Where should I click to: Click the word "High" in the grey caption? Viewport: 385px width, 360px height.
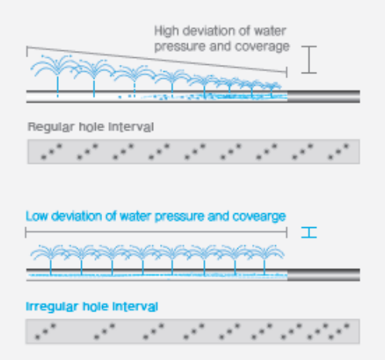166,32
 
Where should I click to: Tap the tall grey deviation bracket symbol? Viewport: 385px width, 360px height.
308,59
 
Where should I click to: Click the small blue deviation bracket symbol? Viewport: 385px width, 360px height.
308,233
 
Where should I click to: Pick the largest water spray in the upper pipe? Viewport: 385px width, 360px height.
57,75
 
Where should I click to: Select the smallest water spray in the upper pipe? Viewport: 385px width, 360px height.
271,90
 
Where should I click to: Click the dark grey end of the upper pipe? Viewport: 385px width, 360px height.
323,97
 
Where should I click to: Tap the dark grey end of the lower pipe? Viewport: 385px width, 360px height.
323,275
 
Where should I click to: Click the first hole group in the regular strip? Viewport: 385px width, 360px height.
52,151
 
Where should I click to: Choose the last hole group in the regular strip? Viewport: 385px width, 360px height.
339,151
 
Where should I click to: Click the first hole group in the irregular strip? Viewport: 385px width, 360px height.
46,331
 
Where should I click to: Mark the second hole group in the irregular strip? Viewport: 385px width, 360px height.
104,331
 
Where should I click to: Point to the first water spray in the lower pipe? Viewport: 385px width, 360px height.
50,260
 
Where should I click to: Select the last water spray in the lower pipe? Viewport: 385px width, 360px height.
264,260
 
